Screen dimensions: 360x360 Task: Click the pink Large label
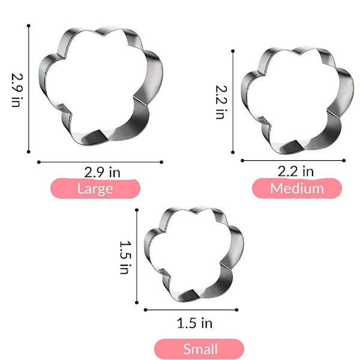pos(95,188)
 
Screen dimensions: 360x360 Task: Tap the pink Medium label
pos(297,188)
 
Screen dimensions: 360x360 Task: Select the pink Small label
pos(199,349)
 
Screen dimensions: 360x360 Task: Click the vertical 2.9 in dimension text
pos(17,90)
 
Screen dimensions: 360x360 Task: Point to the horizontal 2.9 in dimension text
pos(102,172)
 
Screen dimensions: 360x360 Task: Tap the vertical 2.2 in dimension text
pos(221,102)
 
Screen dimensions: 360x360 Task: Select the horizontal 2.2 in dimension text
pos(296,171)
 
